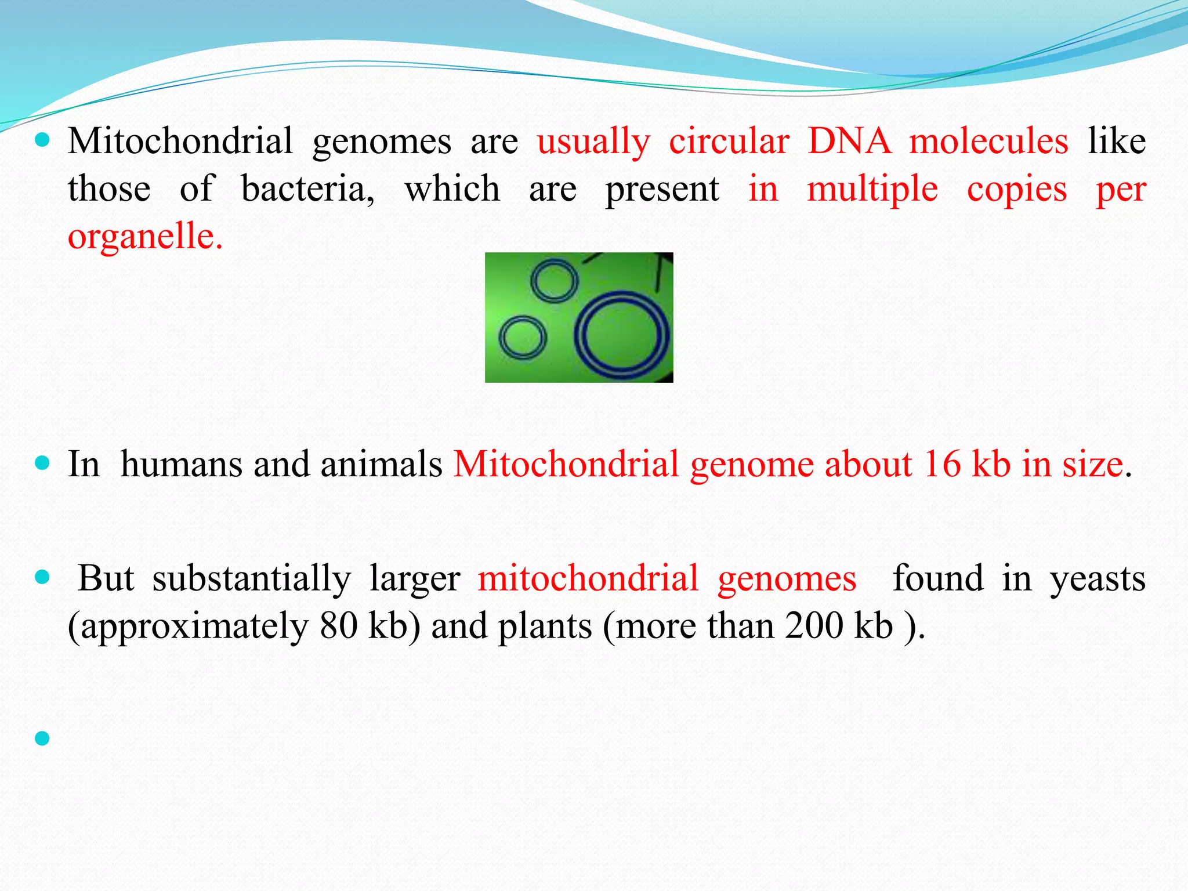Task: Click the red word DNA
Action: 849,141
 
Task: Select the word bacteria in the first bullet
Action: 307,189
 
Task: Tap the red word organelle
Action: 145,237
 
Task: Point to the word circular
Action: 729,141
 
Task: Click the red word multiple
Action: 872,189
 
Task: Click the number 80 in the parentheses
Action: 338,626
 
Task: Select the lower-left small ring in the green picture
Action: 523,337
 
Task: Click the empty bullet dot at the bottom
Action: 42,738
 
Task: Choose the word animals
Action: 381,464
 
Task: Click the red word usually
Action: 593,142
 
